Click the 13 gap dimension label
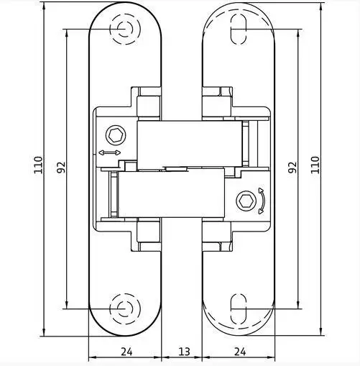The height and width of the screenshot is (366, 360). [x=185, y=352]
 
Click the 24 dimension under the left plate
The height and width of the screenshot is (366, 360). [x=126, y=352]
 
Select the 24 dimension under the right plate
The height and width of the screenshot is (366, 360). [x=240, y=352]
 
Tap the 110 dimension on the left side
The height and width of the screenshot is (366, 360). [x=38, y=165]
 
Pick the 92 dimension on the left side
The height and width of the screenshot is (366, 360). [x=61, y=168]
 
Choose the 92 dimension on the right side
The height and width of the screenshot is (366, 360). [x=292, y=168]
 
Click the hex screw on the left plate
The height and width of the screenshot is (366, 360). [x=116, y=136]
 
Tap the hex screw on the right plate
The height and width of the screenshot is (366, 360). [x=246, y=201]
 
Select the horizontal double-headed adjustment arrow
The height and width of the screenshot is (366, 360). [x=110, y=152]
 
